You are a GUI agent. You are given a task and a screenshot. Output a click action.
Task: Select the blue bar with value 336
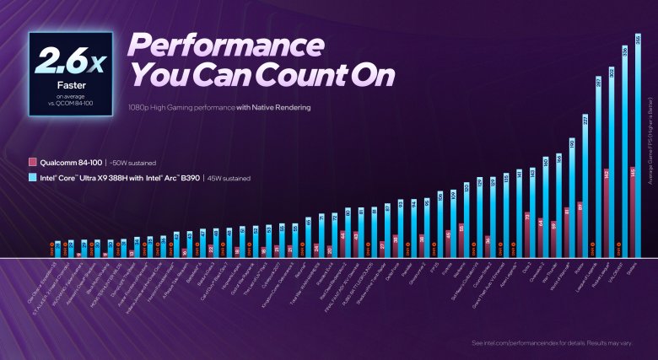(x=623, y=152)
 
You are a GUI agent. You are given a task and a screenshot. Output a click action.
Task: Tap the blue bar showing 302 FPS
(x=610, y=160)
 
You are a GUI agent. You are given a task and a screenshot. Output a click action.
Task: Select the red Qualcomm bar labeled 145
(x=632, y=211)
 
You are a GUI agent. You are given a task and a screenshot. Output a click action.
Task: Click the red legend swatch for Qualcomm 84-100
(x=31, y=162)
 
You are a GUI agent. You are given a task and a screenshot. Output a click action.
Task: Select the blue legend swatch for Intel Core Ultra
(x=31, y=177)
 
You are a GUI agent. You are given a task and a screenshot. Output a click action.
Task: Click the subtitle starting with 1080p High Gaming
(x=220, y=107)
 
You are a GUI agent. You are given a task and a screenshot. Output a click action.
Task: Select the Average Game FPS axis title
(x=650, y=139)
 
